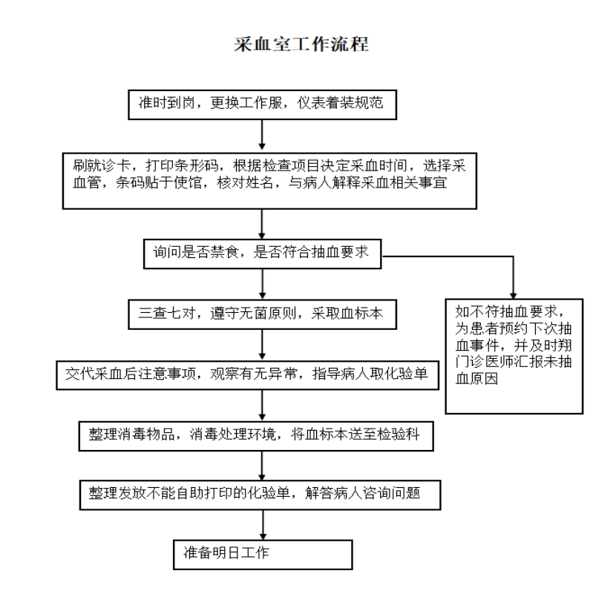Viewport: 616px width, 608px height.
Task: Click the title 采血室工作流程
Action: [x=301, y=44]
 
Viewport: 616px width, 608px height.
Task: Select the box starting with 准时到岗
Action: [x=263, y=105]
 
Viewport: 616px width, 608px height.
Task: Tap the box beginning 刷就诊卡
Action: [x=269, y=181]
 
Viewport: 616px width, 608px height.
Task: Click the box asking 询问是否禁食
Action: [x=263, y=254]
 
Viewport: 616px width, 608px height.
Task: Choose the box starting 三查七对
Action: [x=263, y=314]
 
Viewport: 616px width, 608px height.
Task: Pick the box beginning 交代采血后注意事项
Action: [x=247, y=375]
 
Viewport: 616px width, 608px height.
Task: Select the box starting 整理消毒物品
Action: [x=256, y=436]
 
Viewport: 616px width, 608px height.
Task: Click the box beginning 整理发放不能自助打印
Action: [x=260, y=495]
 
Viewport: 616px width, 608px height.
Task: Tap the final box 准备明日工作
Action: [x=263, y=555]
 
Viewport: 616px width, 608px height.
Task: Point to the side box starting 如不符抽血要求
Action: [x=514, y=357]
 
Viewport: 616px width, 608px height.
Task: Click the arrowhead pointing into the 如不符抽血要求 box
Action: [x=513, y=296]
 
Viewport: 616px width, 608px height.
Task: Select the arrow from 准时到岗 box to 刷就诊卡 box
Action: [x=262, y=135]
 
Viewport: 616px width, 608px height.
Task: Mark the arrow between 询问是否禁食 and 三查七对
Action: [x=263, y=284]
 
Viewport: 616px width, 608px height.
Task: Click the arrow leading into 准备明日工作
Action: [x=263, y=525]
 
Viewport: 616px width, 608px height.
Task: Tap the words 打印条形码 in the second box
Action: [x=183, y=165]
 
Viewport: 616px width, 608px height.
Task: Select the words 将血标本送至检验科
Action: [x=355, y=434]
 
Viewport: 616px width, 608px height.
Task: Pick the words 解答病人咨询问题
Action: [x=363, y=493]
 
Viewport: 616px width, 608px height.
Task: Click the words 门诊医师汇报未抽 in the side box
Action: [x=514, y=362]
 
